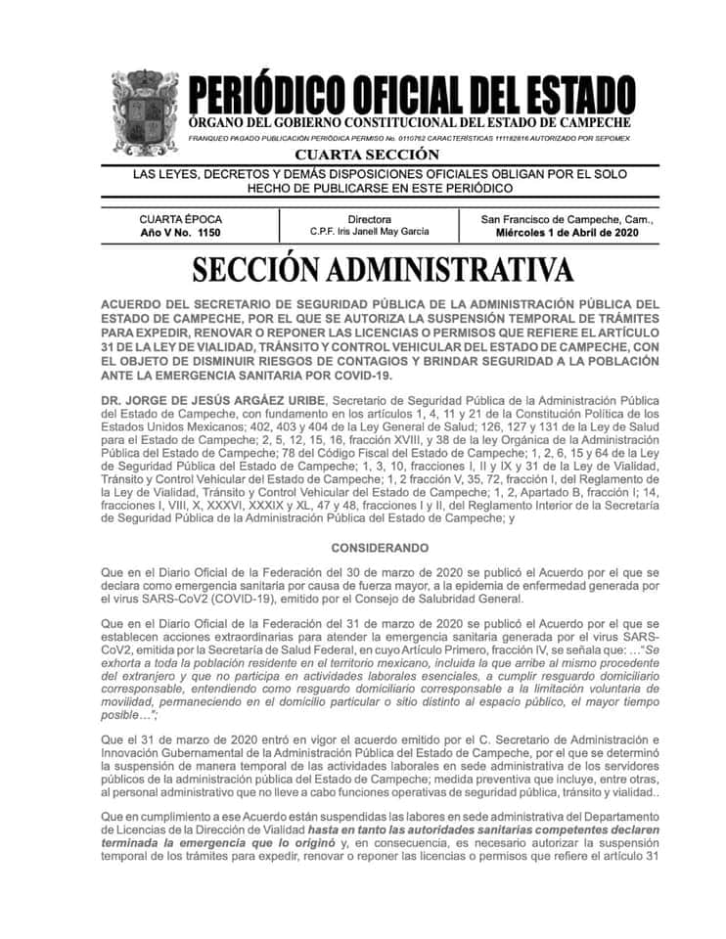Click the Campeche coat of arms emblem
[144, 112]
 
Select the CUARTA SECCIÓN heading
[367, 155]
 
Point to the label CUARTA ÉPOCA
[180, 219]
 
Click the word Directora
[369, 219]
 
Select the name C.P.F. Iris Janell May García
[369, 233]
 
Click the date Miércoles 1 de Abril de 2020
[567, 234]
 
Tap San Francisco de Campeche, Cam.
[567, 219]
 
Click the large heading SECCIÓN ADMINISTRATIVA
[383, 269]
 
